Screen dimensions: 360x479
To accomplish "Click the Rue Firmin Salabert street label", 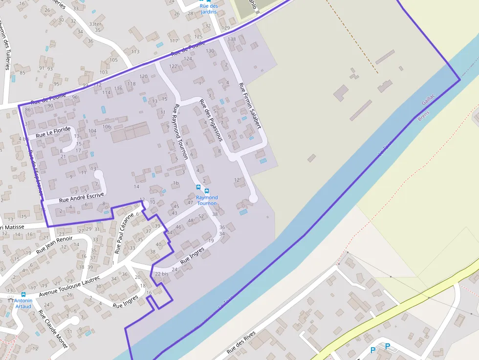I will [x=249, y=106].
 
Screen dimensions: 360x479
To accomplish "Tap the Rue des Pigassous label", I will [x=211, y=120].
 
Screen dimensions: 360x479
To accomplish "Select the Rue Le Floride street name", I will [x=53, y=132].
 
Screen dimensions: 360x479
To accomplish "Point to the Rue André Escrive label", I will [x=82, y=197].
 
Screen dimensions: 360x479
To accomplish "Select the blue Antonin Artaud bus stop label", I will [x=23, y=303].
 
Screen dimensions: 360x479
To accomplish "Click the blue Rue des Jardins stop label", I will [x=208, y=9].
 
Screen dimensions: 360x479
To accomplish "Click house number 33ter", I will [x=95, y=23].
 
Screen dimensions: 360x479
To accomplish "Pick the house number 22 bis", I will [x=161, y=274].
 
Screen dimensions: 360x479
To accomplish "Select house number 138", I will [x=232, y=39].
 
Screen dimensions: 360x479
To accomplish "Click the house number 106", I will [x=107, y=127].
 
